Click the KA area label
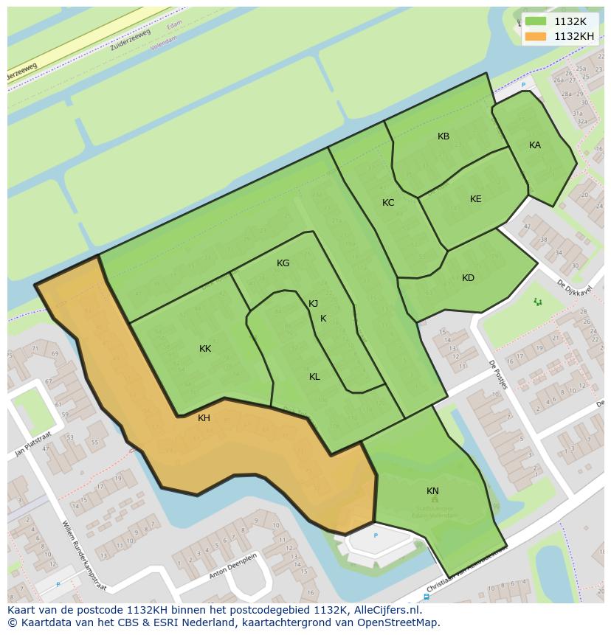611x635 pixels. [534, 145]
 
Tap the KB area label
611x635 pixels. [443, 136]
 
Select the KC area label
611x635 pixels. [388, 203]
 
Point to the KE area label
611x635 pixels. [475, 199]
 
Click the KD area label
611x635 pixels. [468, 278]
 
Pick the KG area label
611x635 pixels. [283, 263]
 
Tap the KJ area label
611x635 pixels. [313, 304]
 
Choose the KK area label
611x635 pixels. [204, 349]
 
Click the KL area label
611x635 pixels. [314, 377]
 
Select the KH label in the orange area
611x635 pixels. [204, 418]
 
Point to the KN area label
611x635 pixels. [432, 491]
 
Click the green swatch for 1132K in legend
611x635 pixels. [536, 21]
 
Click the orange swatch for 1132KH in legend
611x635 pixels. [536, 36]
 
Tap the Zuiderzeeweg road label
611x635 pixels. [130, 41]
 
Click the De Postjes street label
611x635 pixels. [498, 374]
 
